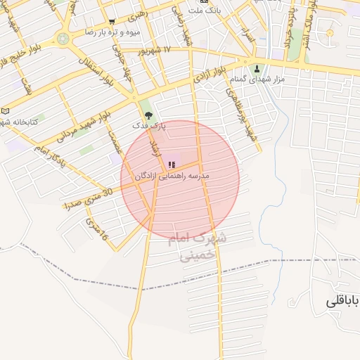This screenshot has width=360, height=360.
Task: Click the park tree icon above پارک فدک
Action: pos(147,114)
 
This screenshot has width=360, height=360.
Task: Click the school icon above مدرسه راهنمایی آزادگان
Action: pos(172,165)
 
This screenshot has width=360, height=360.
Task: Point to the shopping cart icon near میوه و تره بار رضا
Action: pos(112,22)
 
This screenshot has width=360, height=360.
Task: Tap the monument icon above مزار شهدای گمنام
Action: pos(257,69)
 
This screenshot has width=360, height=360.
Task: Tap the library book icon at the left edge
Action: pos(6,111)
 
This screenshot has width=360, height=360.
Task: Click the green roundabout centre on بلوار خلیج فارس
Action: pos(64,39)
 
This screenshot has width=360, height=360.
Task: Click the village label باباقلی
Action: pos(342,301)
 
